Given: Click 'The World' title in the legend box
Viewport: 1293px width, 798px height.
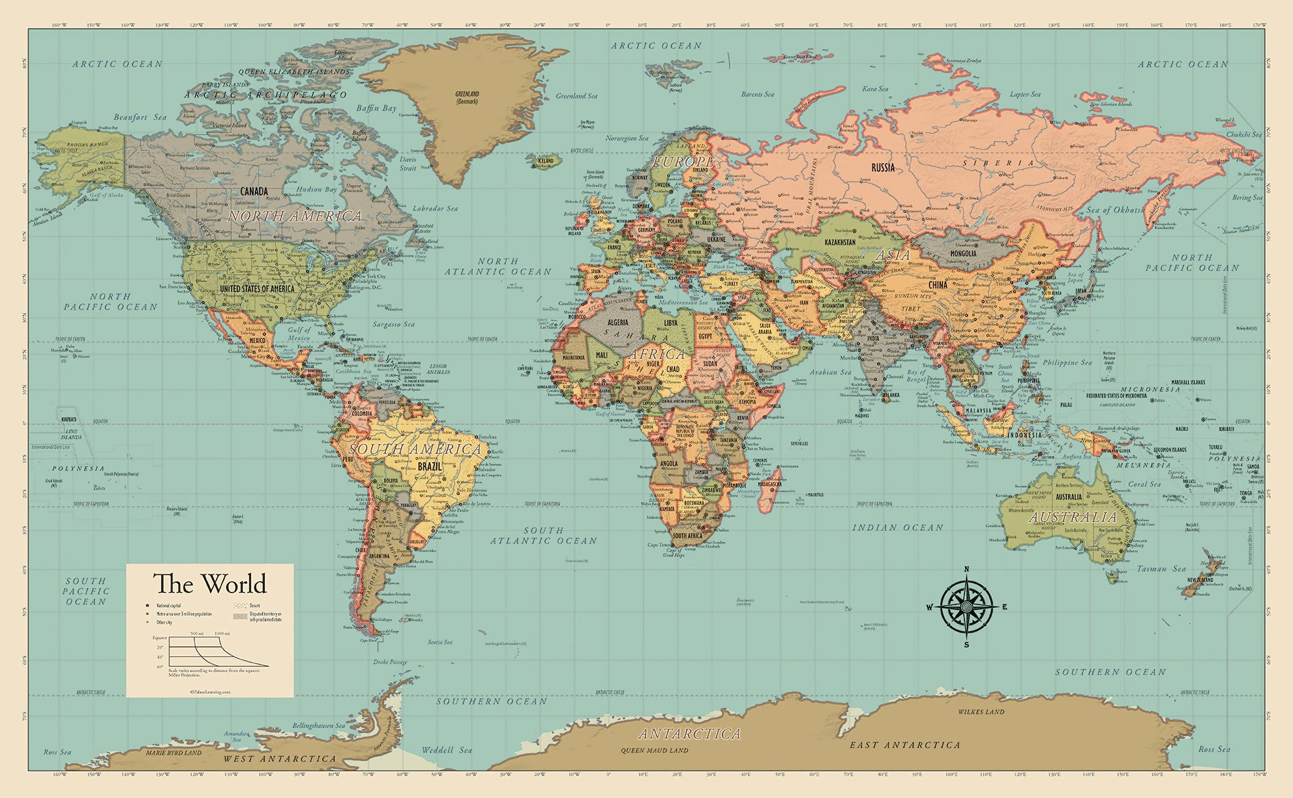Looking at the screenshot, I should [210, 584].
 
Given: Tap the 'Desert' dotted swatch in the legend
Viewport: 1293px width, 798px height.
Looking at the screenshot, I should [239, 605].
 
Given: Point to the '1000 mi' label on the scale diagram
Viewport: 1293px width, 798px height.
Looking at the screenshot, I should [221, 633].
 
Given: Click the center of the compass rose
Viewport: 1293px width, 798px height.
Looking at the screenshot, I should [966, 606].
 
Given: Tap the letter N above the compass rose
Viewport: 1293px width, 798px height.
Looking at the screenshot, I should [966, 569].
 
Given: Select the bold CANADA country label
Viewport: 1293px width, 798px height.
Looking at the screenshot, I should [254, 191].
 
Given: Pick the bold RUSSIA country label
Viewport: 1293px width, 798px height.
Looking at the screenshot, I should [883, 167].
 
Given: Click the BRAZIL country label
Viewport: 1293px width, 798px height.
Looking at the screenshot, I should [430, 466].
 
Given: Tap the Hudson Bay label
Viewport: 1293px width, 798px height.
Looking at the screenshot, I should [317, 189].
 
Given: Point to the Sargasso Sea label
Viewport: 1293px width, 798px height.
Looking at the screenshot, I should [394, 324].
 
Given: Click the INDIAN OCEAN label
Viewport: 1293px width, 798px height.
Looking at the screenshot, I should [898, 528].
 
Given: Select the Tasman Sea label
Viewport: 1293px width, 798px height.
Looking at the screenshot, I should [1161, 569].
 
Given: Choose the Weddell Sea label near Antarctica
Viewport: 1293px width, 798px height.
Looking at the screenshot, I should [447, 750].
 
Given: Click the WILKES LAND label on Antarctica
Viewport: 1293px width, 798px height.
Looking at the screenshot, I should [981, 712].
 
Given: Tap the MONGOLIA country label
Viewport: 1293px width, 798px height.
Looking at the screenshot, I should [963, 254].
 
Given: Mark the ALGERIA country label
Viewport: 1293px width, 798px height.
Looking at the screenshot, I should [618, 322].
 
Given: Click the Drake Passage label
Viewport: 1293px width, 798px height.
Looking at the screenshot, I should [390, 662].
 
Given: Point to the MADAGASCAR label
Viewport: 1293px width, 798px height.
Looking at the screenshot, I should [770, 484].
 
